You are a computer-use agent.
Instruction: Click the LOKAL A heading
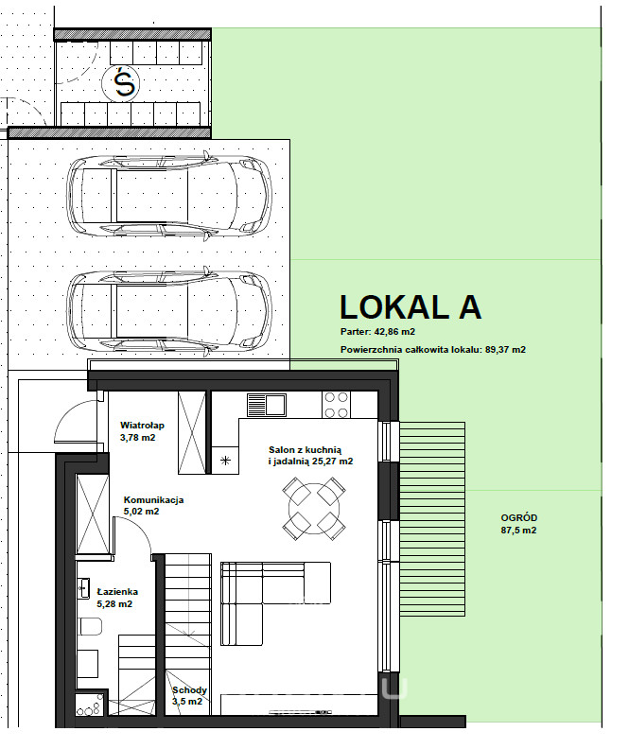tap(411, 307)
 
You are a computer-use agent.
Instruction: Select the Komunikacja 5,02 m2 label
tap(153, 505)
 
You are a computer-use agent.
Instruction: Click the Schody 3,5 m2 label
tap(189, 695)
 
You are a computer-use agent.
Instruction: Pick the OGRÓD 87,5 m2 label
tap(518, 524)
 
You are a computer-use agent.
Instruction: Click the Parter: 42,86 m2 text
tap(377, 332)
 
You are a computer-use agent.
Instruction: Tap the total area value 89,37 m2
tap(505, 350)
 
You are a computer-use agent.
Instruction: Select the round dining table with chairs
tap(314, 508)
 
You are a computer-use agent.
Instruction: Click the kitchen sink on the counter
tap(267, 405)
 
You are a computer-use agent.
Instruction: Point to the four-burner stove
tap(336, 405)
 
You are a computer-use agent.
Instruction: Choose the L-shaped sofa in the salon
tap(275, 603)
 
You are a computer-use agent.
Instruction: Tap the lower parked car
tap(169, 311)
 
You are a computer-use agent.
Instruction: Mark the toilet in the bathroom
tap(90, 626)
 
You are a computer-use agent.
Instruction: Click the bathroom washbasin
tap(83, 588)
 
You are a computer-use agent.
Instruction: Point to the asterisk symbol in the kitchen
tap(225, 461)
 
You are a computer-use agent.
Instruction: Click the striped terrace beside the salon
tap(431, 519)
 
